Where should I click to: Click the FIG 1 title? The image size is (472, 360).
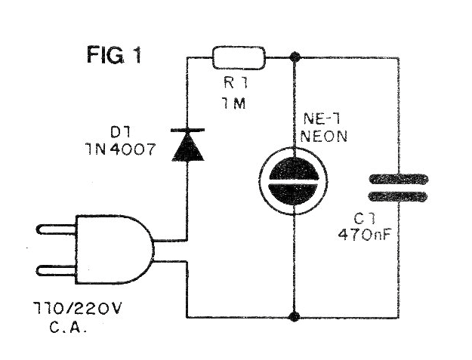pyautogui.click(x=114, y=54)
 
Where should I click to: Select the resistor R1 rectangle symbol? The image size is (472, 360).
pyautogui.click(x=239, y=58)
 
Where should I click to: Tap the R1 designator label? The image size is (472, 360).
pyautogui.click(x=236, y=83)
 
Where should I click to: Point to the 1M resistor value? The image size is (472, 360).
pyautogui.click(x=234, y=103)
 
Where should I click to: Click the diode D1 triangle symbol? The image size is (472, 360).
pyautogui.click(x=187, y=146)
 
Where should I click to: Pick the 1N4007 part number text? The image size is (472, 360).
pyautogui.click(x=121, y=149)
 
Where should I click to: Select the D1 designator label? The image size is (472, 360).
pyautogui.click(x=120, y=131)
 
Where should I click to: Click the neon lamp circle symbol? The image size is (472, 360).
pyautogui.click(x=293, y=180)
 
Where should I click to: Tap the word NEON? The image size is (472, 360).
pyautogui.click(x=323, y=137)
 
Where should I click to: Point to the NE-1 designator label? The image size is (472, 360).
pyautogui.click(x=322, y=119)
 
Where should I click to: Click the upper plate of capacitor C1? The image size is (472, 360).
pyautogui.click(x=399, y=180)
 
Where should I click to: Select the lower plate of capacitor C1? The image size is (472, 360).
pyautogui.click(x=398, y=196)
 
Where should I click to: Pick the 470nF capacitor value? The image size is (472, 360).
pyautogui.click(x=364, y=234)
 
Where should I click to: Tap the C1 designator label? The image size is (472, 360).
pyautogui.click(x=365, y=219)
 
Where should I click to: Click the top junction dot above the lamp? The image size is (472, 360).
pyautogui.click(x=295, y=57)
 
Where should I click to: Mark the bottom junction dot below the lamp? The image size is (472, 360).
pyautogui.click(x=294, y=317)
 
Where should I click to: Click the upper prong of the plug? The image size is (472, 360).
pyautogui.click(x=57, y=229)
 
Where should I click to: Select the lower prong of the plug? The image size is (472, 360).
pyautogui.click(x=57, y=269)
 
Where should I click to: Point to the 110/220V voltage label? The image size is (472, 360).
pyautogui.click(x=77, y=308)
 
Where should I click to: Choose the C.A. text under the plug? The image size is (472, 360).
pyautogui.click(x=68, y=327)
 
